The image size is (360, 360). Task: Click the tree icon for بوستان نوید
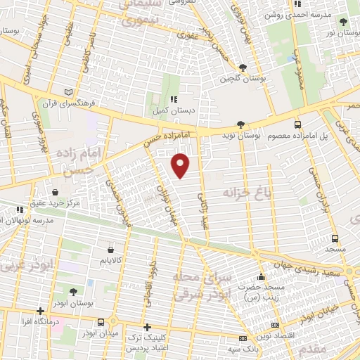coord(241,122)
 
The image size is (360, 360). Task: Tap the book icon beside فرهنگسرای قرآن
coord(68,91)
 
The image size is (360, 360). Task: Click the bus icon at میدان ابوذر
coord(102,321)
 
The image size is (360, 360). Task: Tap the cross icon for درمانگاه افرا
coord(41,311)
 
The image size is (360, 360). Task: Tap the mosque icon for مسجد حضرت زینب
coord(261,276)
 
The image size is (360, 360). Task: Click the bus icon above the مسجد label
coord(335,237)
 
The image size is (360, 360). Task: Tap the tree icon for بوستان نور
coord(342,22)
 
